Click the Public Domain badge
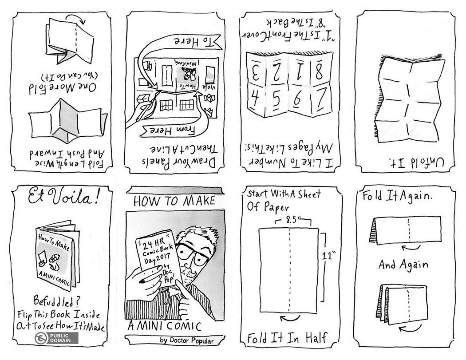(x=56, y=338)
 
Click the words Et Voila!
(x=63, y=197)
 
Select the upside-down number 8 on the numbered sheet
(x=319, y=71)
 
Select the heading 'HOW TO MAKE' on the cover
(x=174, y=201)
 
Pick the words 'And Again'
(x=403, y=264)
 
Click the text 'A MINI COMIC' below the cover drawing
(x=164, y=326)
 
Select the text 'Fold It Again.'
(x=397, y=196)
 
